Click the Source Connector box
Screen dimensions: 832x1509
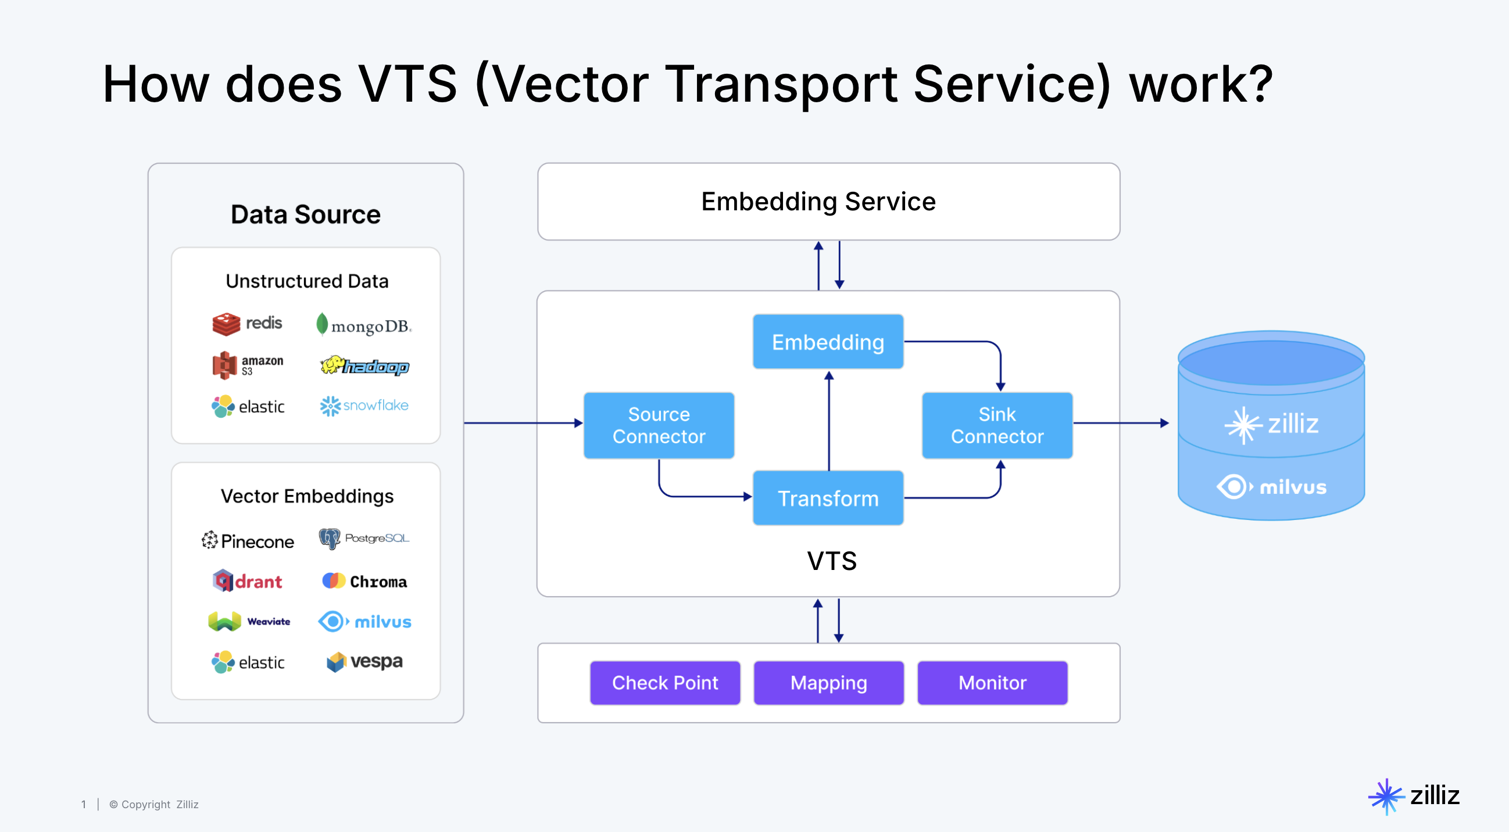point(659,425)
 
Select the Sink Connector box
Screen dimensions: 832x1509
point(996,425)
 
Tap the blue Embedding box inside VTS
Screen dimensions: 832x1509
point(827,342)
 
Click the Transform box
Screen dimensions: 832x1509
point(827,499)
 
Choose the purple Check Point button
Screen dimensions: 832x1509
point(664,683)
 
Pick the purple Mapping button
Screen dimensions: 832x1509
point(828,683)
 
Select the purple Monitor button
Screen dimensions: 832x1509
point(992,683)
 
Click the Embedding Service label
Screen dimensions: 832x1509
point(818,202)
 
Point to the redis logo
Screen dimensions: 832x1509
point(246,324)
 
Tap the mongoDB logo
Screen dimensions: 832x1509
point(364,325)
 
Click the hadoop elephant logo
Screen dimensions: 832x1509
point(364,366)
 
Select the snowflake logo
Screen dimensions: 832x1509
point(364,406)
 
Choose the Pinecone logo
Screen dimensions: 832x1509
point(247,540)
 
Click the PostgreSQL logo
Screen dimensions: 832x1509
point(364,538)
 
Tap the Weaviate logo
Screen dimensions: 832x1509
point(249,621)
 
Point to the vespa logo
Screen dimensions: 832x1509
point(364,662)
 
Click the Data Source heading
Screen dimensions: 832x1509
point(305,214)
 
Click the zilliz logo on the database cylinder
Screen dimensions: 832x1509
point(1271,424)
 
